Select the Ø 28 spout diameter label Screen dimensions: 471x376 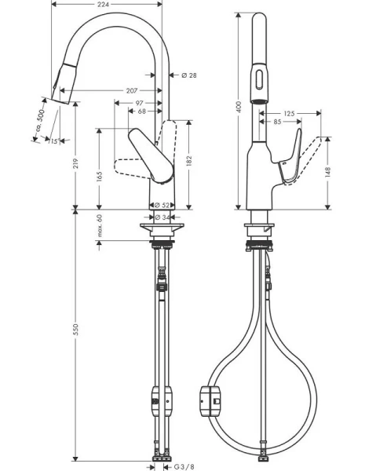(x=188, y=75)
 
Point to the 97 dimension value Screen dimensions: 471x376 (x=139, y=103)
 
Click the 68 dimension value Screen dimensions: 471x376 (x=141, y=111)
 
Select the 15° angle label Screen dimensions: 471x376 (x=53, y=141)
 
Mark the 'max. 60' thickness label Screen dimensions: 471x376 (x=100, y=225)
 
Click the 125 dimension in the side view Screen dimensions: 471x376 (x=289, y=114)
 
